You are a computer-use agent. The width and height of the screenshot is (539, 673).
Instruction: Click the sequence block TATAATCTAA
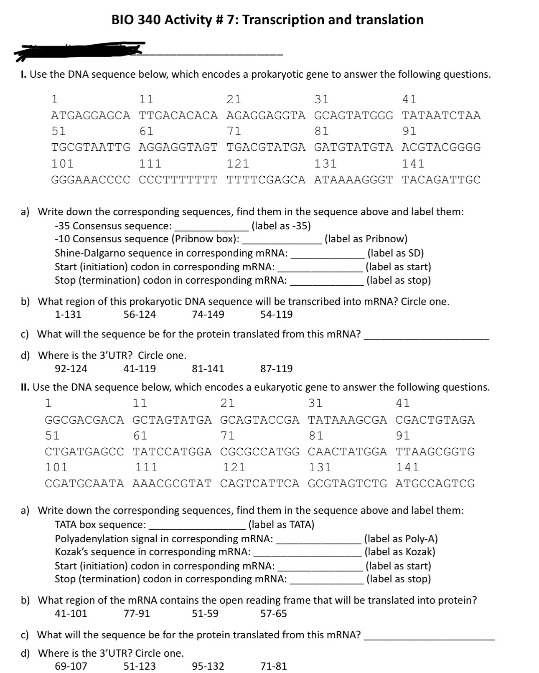(x=441, y=115)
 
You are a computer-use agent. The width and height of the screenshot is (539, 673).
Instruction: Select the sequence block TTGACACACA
(x=178, y=115)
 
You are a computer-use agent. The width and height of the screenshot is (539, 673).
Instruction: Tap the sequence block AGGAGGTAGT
(x=178, y=147)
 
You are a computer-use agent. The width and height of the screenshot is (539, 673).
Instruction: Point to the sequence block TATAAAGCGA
(x=347, y=420)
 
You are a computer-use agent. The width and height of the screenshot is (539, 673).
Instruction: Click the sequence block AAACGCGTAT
(x=172, y=483)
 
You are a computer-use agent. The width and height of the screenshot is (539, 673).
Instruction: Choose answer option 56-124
(x=140, y=315)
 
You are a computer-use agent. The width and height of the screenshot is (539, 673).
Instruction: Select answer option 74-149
(x=208, y=315)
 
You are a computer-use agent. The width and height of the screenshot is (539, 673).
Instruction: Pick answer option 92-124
(x=71, y=368)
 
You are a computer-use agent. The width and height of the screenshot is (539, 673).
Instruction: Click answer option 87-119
(x=276, y=368)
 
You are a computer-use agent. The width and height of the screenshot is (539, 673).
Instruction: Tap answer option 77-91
(x=137, y=613)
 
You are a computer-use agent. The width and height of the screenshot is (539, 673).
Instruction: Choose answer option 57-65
(x=273, y=613)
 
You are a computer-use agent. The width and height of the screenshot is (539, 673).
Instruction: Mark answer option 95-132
(x=208, y=666)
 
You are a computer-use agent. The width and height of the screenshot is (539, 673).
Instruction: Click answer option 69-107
(x=71, y=666)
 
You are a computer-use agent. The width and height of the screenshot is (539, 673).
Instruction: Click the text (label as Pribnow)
(x=366, y=239)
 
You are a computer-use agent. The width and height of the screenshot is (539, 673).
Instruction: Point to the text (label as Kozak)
(x=400, y=552)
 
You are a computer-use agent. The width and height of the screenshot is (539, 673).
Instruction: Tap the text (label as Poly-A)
(x=401, y=539)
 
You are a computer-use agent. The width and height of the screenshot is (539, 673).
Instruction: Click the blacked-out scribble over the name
(x=79, y=48)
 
